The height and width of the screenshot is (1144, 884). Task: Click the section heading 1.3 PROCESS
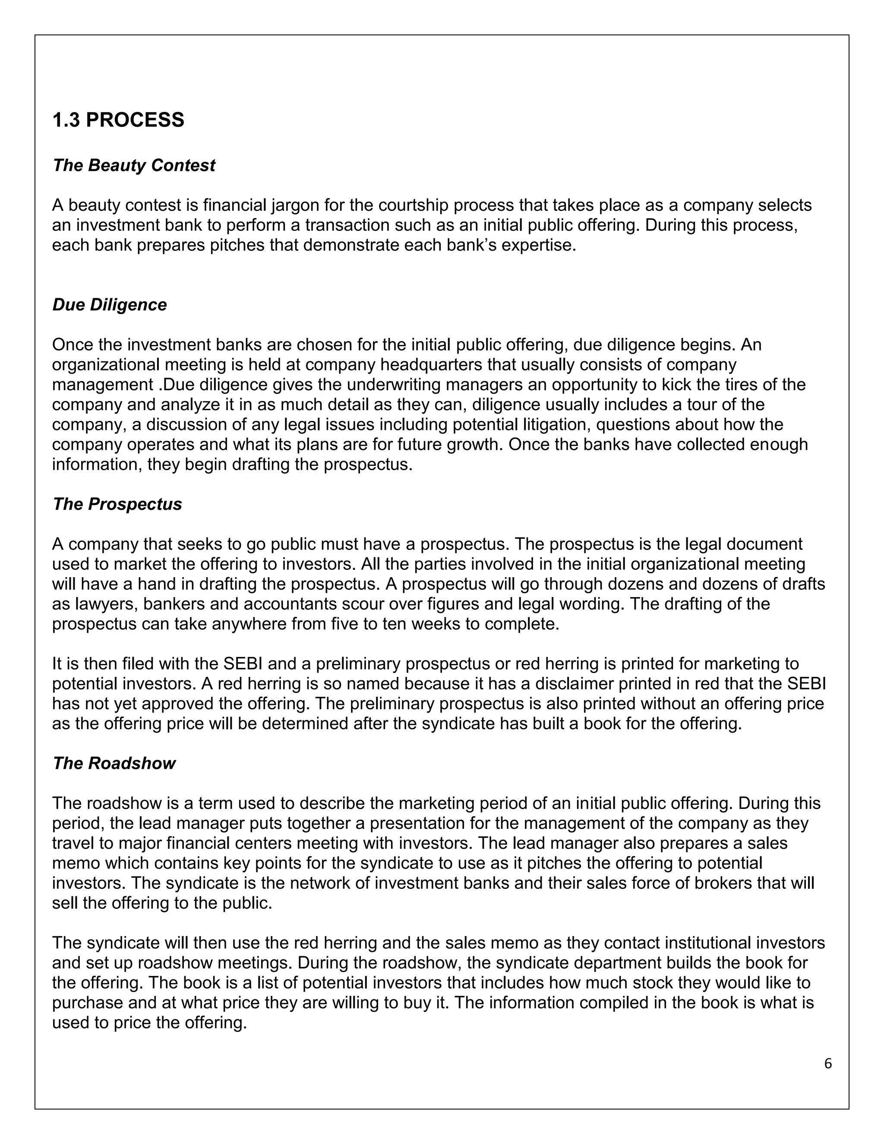tap(118, 120)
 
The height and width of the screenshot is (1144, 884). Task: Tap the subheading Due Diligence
tap(110, 305)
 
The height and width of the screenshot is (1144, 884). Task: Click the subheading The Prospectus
tap(117, 504)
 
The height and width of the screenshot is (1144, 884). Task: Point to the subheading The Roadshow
tap(114, 763)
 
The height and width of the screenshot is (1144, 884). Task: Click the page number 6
tap(828, 1063)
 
